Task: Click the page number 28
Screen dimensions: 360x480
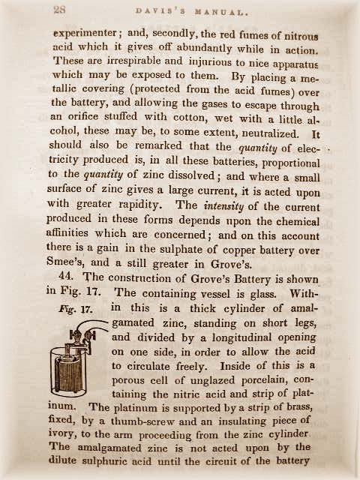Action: click(59, 10)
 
